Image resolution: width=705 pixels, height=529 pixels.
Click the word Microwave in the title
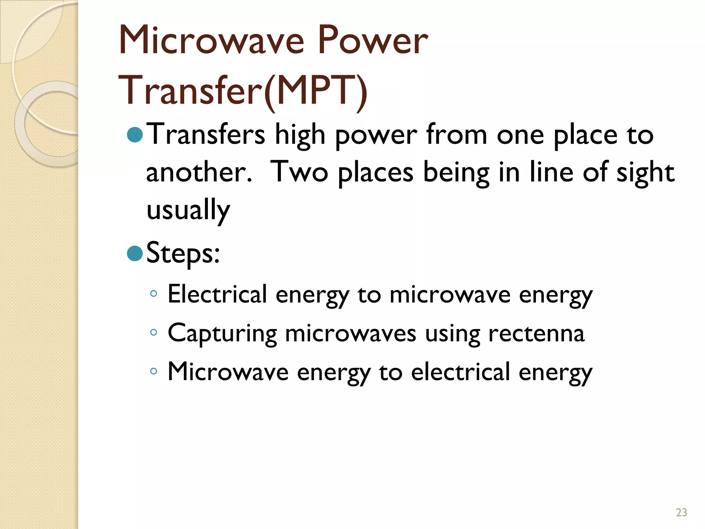tap(211, 41)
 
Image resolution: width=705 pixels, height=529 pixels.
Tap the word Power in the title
tap(373, 41)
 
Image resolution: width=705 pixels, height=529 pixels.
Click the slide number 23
tap(681, 512)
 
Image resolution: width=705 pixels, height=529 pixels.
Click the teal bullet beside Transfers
tap(135, 135)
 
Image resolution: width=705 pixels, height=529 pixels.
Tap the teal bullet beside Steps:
tap(135, 253)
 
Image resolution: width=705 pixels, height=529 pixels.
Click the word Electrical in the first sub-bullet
tap(217, 294)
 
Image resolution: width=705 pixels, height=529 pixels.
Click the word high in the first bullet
tap(300, 135)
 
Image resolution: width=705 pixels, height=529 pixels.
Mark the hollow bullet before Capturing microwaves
tap(154, 333)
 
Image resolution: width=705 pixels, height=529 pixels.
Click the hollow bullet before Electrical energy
tap(154, 294)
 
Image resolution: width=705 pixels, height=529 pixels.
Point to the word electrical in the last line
tap(460, 372)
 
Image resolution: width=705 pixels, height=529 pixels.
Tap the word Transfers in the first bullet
tap(206, 135)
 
